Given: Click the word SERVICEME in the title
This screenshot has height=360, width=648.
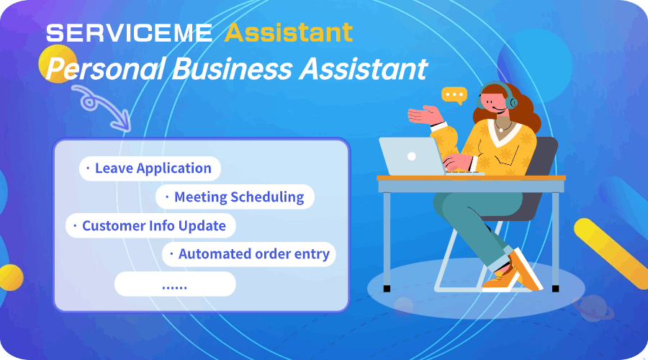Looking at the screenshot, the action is click(x=129, y=33).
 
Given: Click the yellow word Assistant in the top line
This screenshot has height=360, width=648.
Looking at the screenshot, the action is click(x=289, y=32).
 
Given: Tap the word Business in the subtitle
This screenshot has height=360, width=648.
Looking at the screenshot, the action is click(x=231, y=68).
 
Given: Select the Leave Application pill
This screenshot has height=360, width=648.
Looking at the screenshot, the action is click(x=150, y=168).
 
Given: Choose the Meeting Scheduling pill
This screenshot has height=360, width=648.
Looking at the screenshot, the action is click(x=235, y=197).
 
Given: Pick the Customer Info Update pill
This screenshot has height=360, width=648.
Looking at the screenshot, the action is click(x=150, y=225).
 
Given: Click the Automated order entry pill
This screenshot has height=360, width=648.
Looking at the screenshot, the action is click(x=249, y=254).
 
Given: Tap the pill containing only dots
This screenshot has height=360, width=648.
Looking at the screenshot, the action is click(x=175, y=284).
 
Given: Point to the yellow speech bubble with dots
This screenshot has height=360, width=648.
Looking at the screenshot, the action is click(x=454, y=96).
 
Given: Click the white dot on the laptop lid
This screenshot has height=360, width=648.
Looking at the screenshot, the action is click(x=412, y=156).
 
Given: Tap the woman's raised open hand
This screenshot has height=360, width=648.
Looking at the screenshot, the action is click(x=425, y=115).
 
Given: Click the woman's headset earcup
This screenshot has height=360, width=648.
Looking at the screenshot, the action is click(x=511, y=102).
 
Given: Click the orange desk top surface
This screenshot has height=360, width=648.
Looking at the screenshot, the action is click(x=471, y=178).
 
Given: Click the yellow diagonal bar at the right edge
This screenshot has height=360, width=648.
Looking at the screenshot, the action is click(x=611, y=252).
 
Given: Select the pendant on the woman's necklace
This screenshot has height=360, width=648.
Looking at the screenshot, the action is click(x=501, y=130).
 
